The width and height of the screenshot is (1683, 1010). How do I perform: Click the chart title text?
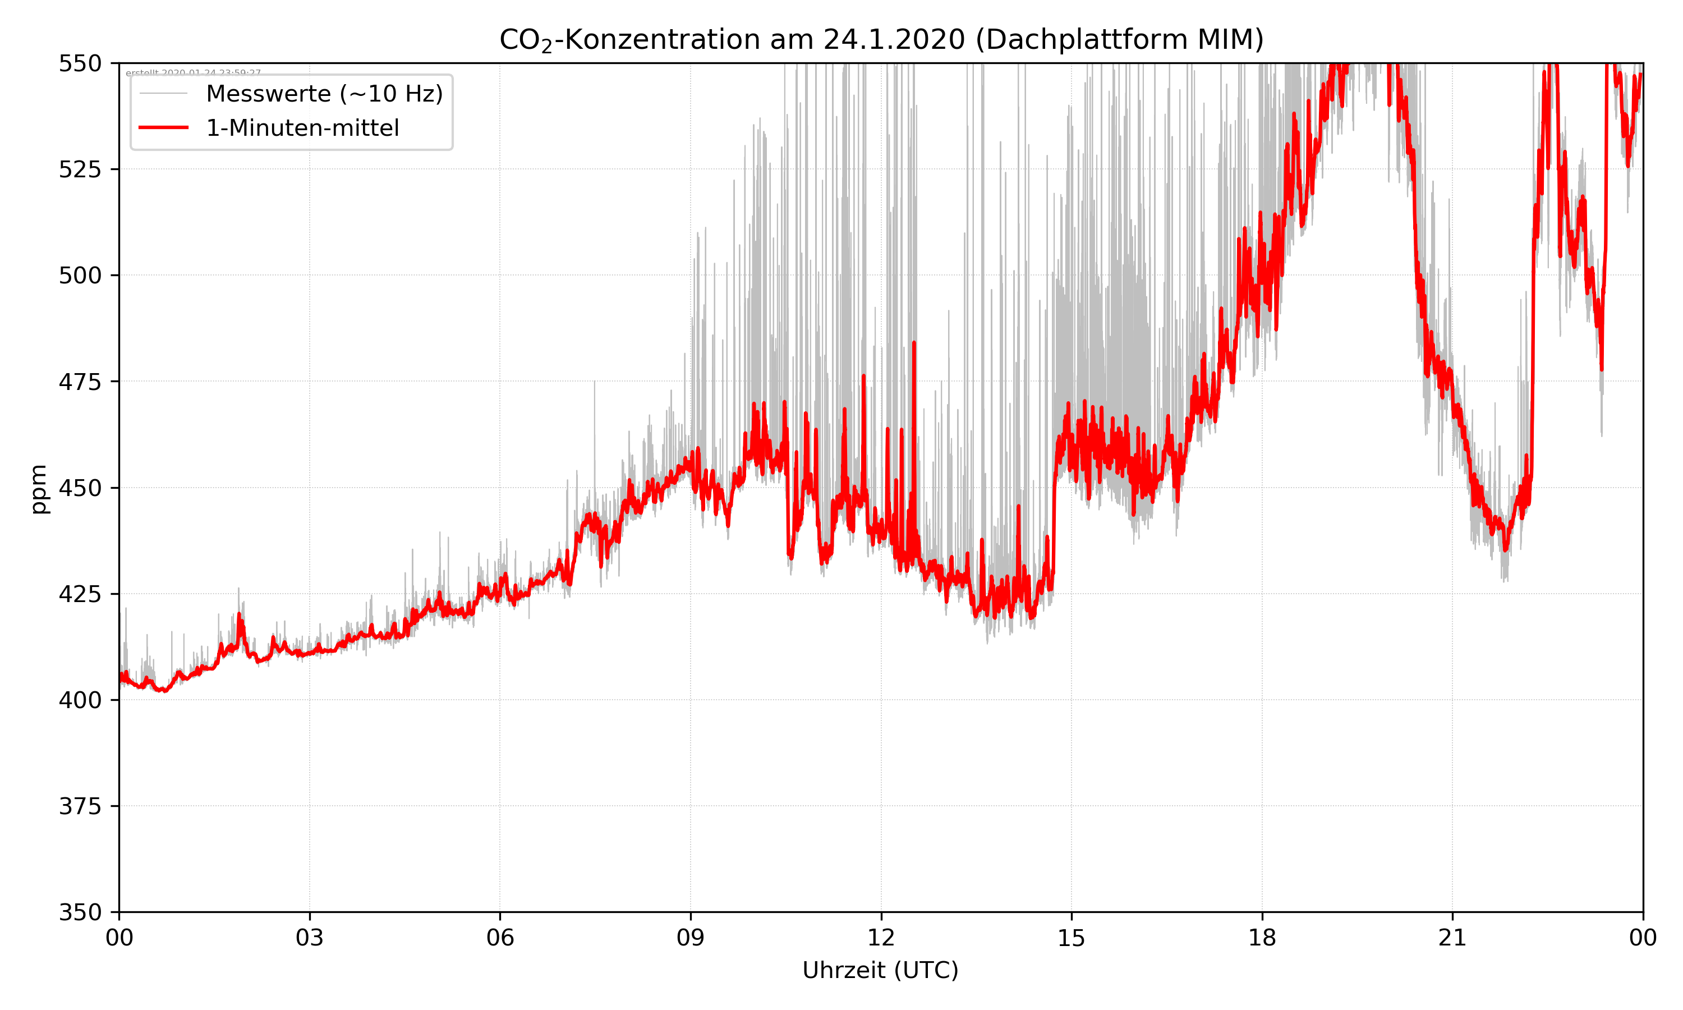click(881, 39)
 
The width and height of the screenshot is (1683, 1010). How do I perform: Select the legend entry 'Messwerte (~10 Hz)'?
click(324, 94)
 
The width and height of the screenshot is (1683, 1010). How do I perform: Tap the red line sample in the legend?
click(163, 128)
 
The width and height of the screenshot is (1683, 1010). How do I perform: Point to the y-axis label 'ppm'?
click(39, 489)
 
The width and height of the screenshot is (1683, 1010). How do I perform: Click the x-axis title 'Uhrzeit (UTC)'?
click(880, 970)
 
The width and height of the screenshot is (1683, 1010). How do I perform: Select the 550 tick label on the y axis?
click(80, 63)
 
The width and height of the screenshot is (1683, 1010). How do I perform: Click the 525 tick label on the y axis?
click(80, 169)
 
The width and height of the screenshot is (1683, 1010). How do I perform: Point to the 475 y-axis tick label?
click(80, 382)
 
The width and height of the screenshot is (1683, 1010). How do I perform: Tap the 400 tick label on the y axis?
click(80, 700)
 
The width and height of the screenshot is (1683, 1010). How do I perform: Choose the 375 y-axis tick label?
click(80, 806)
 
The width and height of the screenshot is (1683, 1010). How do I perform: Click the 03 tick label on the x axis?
click(310, 938)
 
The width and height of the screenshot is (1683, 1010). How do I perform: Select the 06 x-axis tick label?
click(500, 938)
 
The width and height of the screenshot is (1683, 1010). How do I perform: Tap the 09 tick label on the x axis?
click(691, 938)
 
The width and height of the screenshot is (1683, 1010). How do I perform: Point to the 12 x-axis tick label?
click(881, 938)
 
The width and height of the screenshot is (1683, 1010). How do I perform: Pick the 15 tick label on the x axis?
click(1072, 938)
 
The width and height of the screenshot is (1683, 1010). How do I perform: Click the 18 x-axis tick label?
click(1262, 938)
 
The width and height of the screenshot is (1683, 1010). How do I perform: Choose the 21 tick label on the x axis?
click(1452, 938)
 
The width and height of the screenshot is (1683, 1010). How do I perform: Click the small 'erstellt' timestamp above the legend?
click(193, 72)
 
